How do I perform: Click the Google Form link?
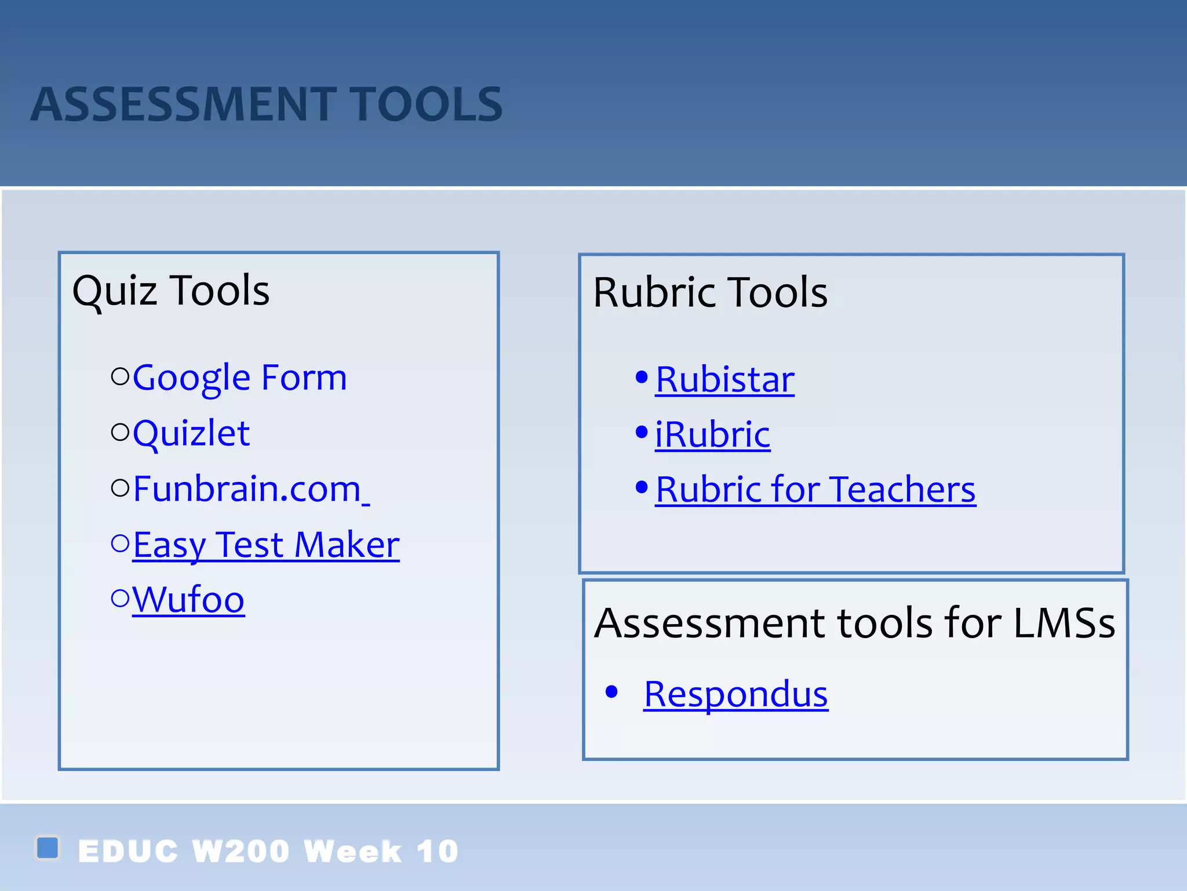point(239,378)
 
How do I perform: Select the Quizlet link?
point(191,433)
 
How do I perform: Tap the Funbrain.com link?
point(247,489)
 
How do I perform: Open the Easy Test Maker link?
point(266,545)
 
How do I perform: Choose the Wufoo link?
point(188,600)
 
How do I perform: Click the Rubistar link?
point(724,380)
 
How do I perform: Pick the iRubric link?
point(712,434)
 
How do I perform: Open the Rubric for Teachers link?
point(815,490)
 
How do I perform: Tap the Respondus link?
point(735,694)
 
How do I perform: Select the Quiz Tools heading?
point(171,290)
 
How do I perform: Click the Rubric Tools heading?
point(710,292)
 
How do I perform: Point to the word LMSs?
point(1064,624)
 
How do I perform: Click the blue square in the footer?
point(48,847)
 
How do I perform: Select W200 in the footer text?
point(241,852)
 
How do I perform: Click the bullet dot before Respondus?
point(611,691)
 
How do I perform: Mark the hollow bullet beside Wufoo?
point(120,598)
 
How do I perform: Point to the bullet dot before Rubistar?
point(641,377)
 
